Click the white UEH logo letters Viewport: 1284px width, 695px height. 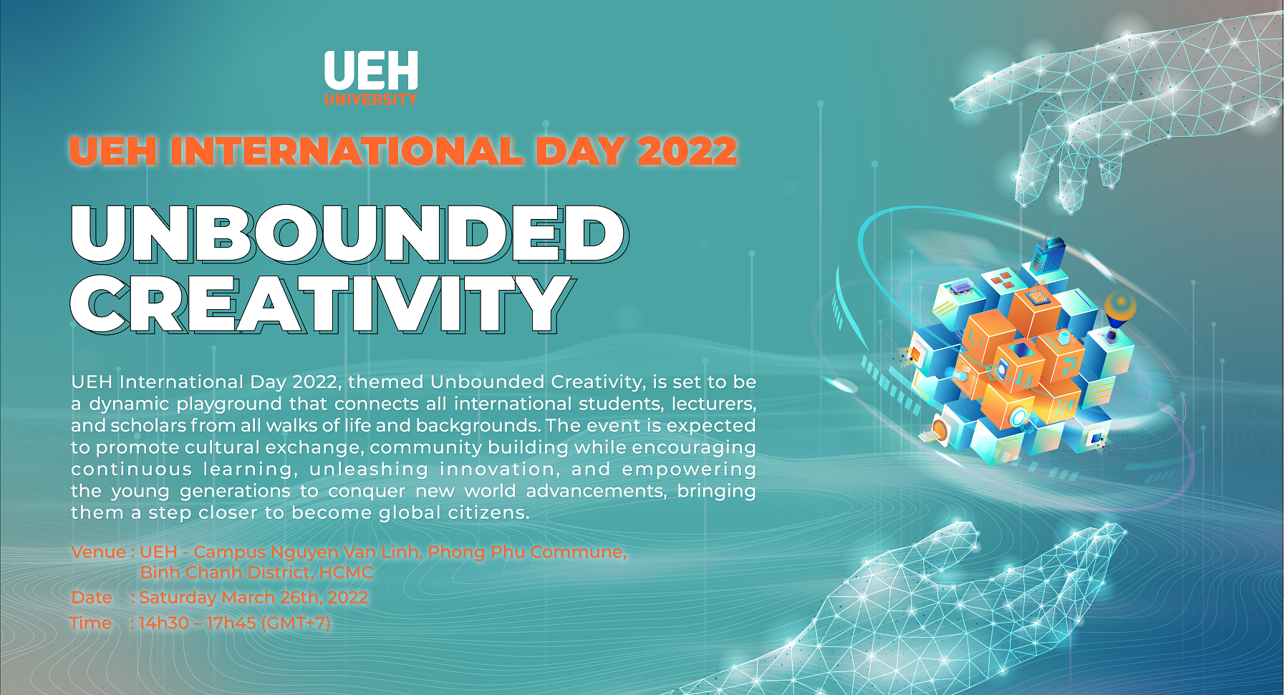pos(371,71)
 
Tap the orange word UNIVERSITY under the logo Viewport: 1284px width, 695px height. pos(371,99)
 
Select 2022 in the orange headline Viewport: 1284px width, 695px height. pos(687,151)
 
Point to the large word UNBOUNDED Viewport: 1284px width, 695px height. pos(349,234)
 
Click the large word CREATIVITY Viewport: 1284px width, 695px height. pos(322,303)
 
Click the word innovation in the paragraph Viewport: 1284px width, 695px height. pos(500,470)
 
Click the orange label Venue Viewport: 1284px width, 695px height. pos(99,552)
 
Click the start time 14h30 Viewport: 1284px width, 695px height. pos(163,623)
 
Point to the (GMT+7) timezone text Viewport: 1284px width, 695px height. pos(296,623)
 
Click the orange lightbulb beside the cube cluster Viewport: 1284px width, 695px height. pos(1119,309)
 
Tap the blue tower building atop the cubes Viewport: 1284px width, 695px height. pos(1048,254)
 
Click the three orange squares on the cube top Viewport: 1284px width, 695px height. pos(1003,279)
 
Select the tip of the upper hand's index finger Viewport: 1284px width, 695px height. pos(957,101)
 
